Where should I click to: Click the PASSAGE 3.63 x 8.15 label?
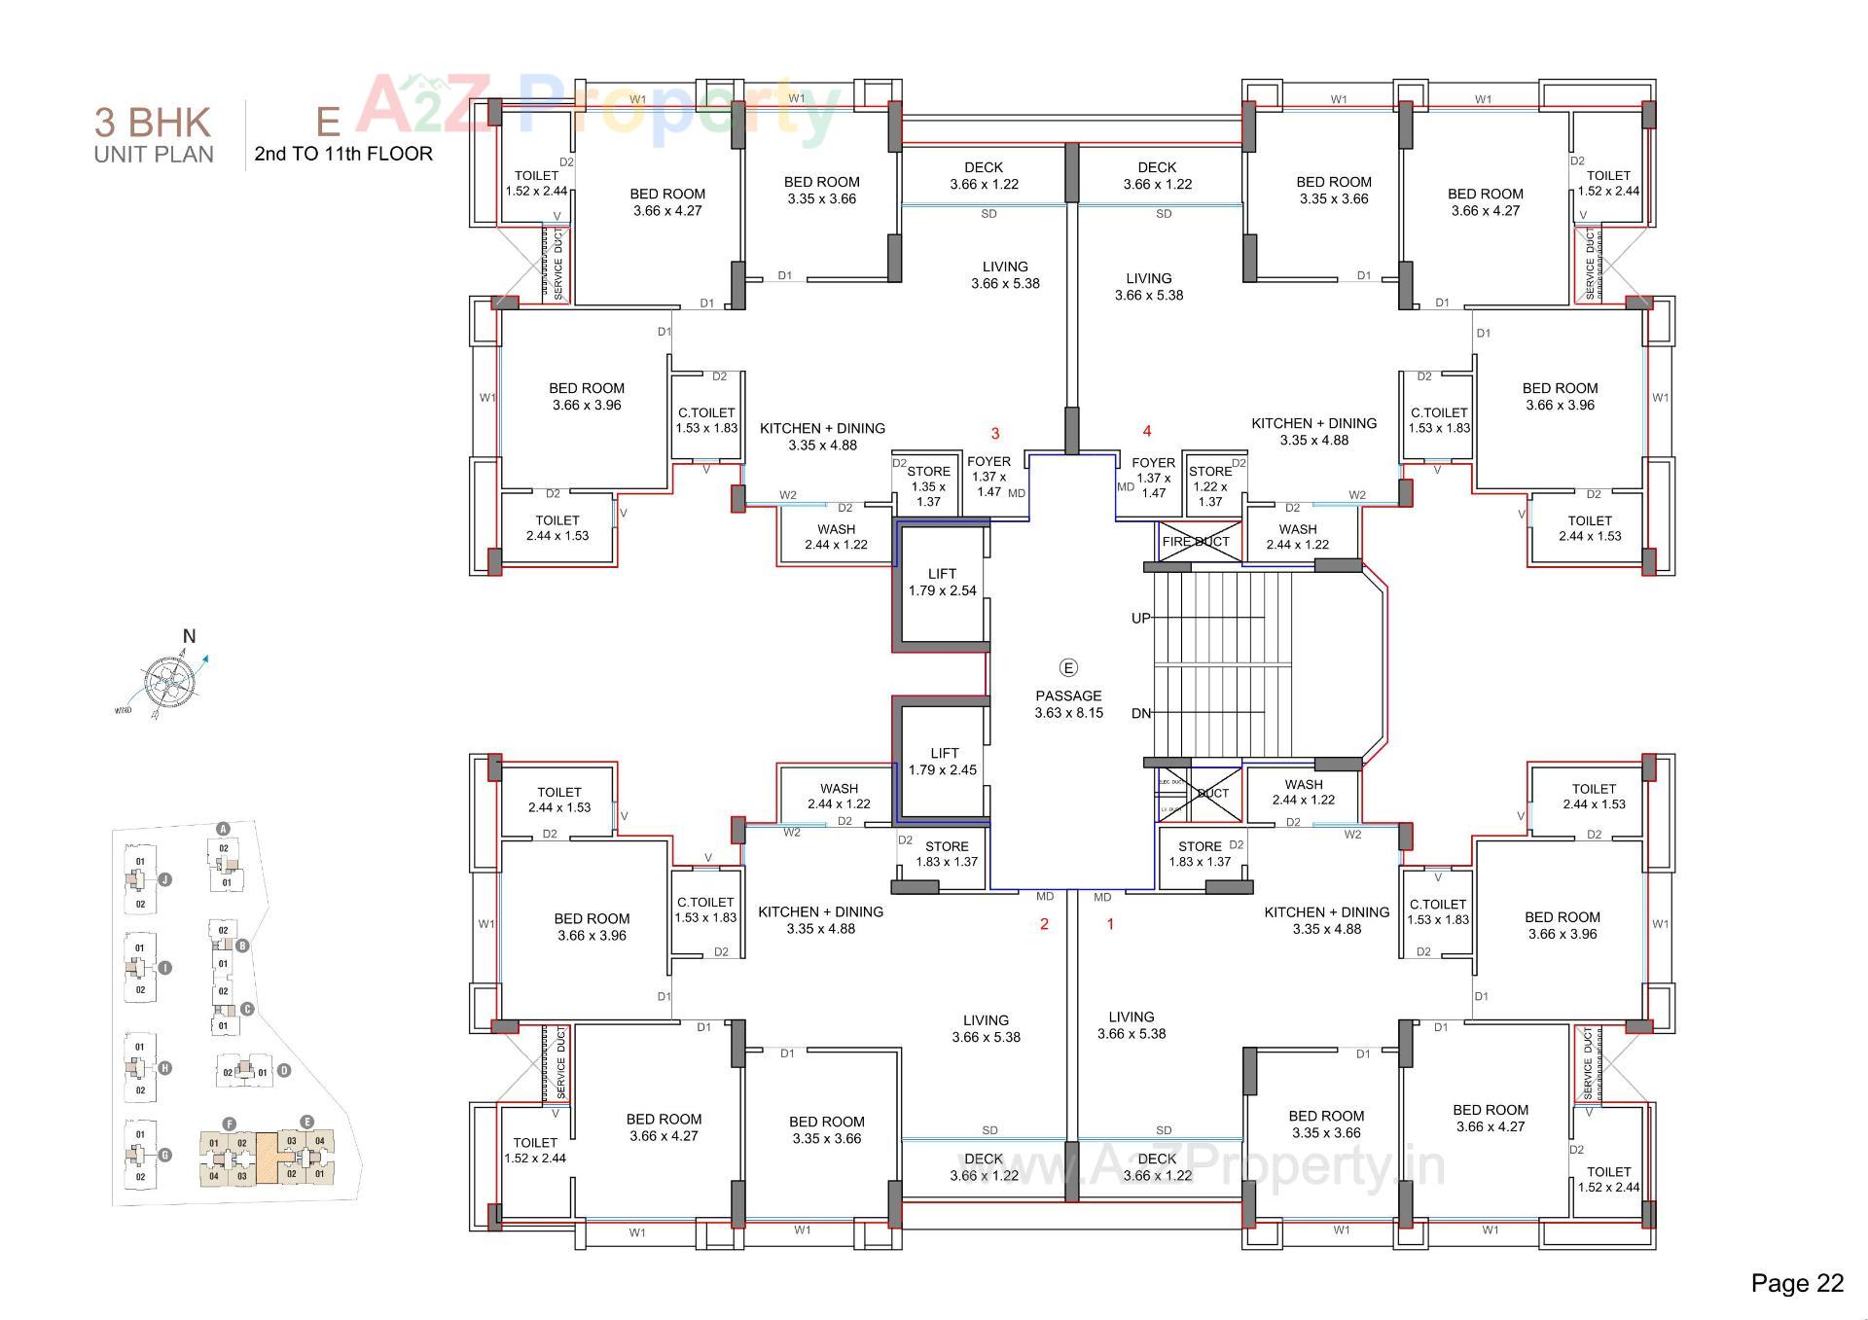coord(1068,704)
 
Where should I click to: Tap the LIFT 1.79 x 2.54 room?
coord(942,583)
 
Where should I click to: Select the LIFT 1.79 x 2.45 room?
coord(944,762)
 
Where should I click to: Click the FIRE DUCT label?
coord(1196,542)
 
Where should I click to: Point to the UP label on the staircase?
coord(1141,618)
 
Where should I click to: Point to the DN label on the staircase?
coord(1141,713)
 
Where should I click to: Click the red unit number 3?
coord(994,433)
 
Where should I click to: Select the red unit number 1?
coord(1110,924)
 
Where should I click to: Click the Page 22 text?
coord(1796,1283)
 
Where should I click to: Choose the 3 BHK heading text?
coord(153,123)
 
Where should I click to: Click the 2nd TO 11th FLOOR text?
coord(343,154)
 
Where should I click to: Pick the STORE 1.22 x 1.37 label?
coord(1210,486)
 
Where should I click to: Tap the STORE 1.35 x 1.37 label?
coord(928,486)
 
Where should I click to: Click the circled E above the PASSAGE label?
coord(1068,667)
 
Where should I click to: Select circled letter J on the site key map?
coord(165,879)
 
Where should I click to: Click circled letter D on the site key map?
coord(284,1070)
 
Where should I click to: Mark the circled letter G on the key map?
coord(165,1155)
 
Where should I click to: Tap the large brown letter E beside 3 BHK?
coord(328,121)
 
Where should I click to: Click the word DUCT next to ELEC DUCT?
coord(1213,793)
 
